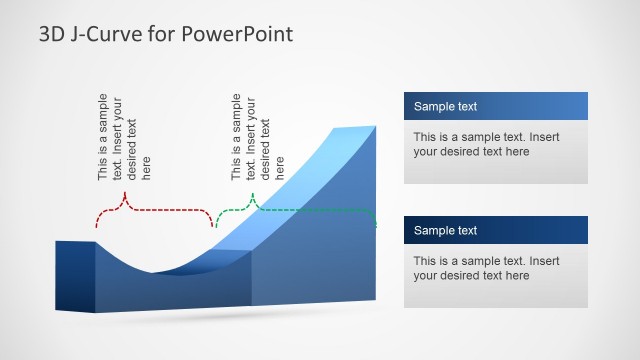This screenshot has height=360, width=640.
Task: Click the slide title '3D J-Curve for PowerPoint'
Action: coord(166,35)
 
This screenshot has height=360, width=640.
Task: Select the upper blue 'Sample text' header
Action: coord(495,107)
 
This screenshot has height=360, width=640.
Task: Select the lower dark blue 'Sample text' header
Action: coord(495,230)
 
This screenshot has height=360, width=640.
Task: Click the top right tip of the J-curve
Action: coord(374,127)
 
